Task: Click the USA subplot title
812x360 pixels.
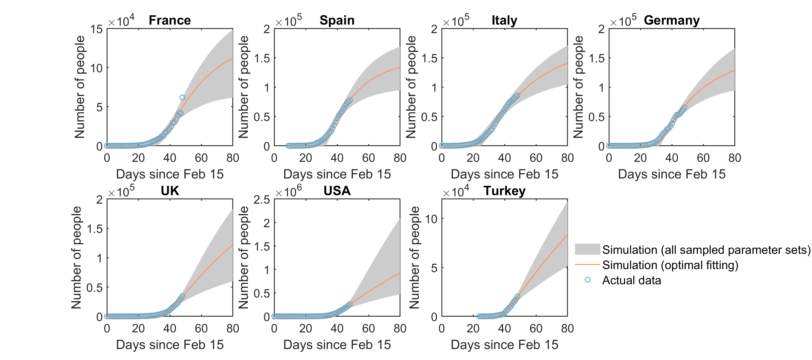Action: coord(337,191)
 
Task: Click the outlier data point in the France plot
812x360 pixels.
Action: coord(182,98)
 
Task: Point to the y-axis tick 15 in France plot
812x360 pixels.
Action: coord(96,29)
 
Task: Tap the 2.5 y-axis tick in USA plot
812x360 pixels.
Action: coord(262,200)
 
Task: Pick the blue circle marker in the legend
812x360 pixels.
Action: coord(587,280)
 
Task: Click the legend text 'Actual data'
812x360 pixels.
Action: coord(631,280)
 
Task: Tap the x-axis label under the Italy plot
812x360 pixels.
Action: coord(504,174)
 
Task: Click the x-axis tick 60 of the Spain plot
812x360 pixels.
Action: coord(368,158)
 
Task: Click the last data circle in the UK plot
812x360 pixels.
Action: coord(182,296)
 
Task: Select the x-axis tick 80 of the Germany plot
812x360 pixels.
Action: coord(734,158)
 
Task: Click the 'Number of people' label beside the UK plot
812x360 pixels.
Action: coord(77,257)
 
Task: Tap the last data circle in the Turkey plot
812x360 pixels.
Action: coord(517,297)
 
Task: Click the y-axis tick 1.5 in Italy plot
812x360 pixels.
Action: coord(429,58)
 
